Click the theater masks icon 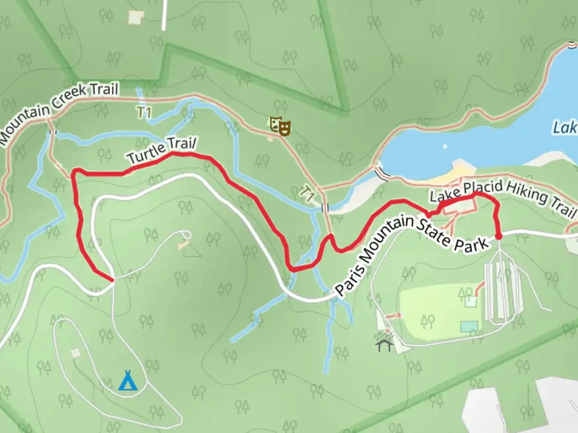(280, 125)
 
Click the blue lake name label (565, 127)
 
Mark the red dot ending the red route (499, 236)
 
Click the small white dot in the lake (444, 146)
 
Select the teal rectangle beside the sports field (469, 327)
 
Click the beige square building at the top (136, 17)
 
